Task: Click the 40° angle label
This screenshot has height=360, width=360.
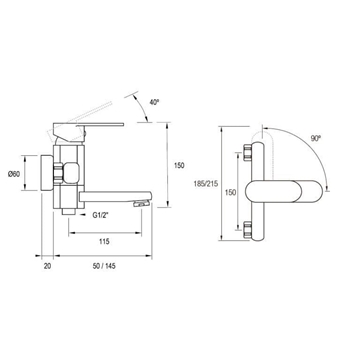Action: pos(154,102)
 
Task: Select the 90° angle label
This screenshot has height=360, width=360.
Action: pos(315,138)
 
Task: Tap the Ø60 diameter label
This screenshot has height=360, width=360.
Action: pos(14,174)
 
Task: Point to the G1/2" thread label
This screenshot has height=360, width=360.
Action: pos(100,215)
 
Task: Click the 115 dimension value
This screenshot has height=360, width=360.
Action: pos(104,242)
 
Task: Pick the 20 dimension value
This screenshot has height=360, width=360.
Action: pos(48,266)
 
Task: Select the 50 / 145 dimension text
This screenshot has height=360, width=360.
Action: pos(105,266)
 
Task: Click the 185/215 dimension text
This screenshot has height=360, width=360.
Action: pos(206,183)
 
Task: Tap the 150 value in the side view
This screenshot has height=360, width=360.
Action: pos(179,165)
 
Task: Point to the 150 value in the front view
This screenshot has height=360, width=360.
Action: pos(230,192)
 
